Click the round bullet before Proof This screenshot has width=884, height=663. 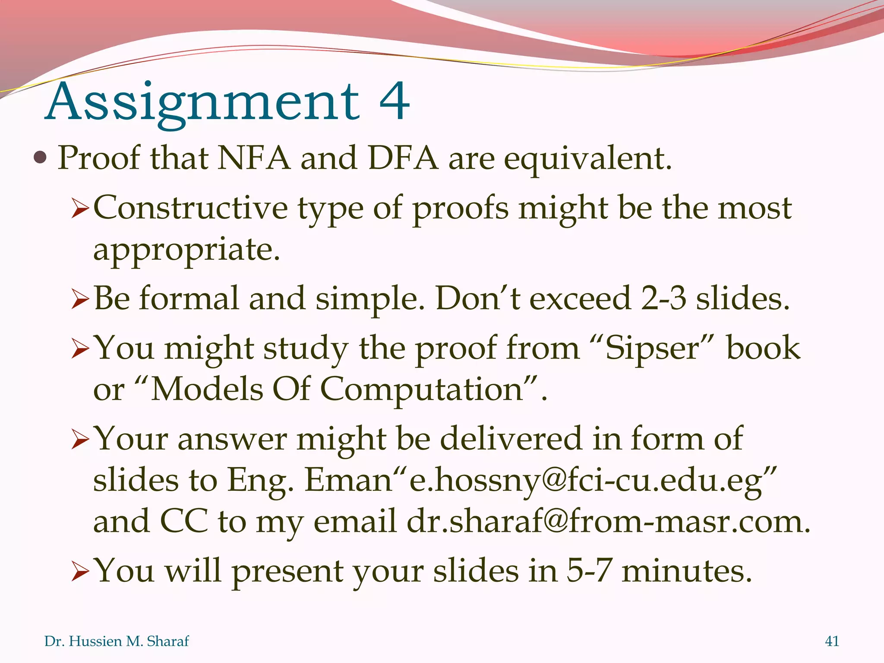tap(40, 158)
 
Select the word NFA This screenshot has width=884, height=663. tap(253, 158)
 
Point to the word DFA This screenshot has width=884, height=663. tap(403, 158)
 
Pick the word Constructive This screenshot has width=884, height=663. tap(190, 208)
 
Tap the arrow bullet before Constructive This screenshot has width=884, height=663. tap(80, 210)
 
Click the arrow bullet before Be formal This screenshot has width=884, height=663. tap(80, 300)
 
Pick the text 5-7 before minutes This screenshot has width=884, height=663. tap(589, 571)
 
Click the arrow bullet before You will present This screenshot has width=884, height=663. tap(80, 572)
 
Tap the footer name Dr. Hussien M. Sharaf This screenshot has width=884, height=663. tap(117, 641)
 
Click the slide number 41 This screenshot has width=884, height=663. tap(832, 641)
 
